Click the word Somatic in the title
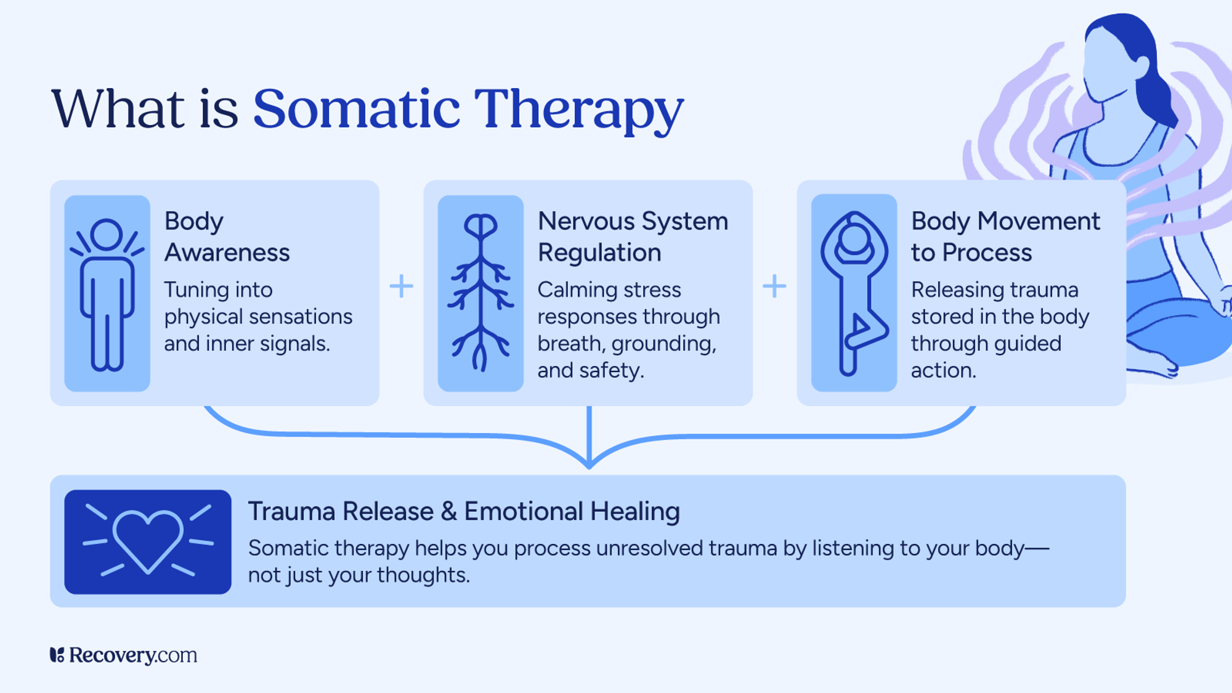356,109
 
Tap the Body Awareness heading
226,237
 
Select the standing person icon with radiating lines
107,293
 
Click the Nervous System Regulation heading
632,237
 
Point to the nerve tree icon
480,293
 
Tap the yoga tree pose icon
854,293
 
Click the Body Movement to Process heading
1005,237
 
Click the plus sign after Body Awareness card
401,286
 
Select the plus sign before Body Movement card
774,286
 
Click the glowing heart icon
148,541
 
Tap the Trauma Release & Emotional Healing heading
463,511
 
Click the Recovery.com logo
123,655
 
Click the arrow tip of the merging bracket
590,464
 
